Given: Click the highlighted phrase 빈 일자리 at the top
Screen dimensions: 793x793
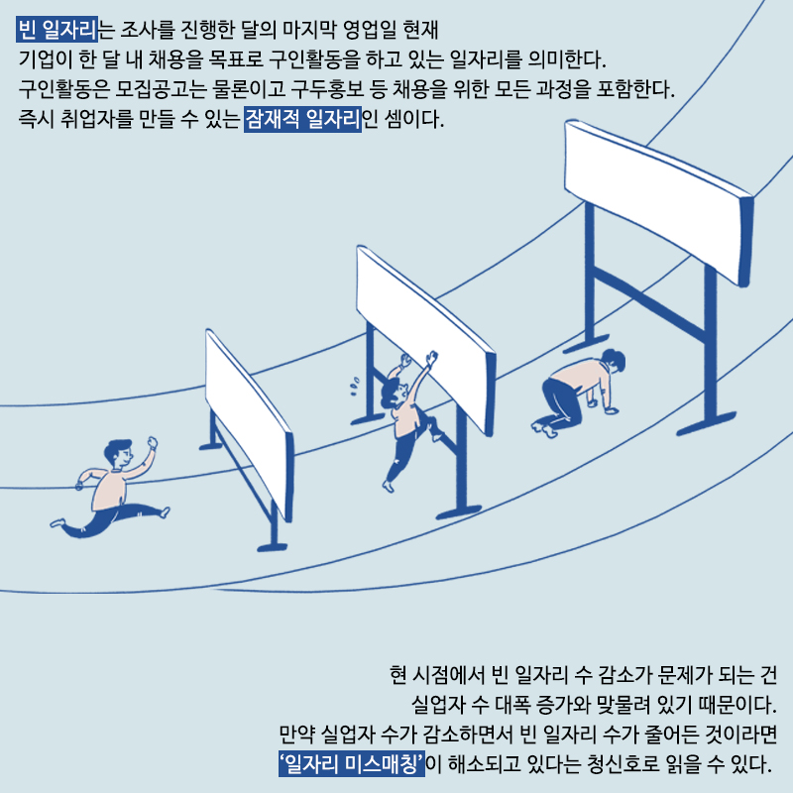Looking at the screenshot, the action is pos(57,30).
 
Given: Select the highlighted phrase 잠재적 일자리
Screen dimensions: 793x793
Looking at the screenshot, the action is pos(302,119).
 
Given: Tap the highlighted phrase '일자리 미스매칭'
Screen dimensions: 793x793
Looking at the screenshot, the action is pos(352,763).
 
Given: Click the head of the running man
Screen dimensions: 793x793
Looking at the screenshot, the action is pos(119,453).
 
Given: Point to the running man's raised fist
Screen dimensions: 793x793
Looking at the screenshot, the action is pos(152,442).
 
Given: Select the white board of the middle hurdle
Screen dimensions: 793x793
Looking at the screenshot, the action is pos(425,339).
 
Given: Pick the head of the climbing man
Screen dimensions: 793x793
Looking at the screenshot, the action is pos(394,392).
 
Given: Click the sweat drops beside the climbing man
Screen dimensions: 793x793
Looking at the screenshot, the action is pos(355,386).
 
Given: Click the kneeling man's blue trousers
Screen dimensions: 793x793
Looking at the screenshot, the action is pos(559,404).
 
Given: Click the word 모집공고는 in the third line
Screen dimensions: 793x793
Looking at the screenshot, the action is pos(161,89).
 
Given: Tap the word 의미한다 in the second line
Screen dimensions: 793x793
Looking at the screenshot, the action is pos(565,59).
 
